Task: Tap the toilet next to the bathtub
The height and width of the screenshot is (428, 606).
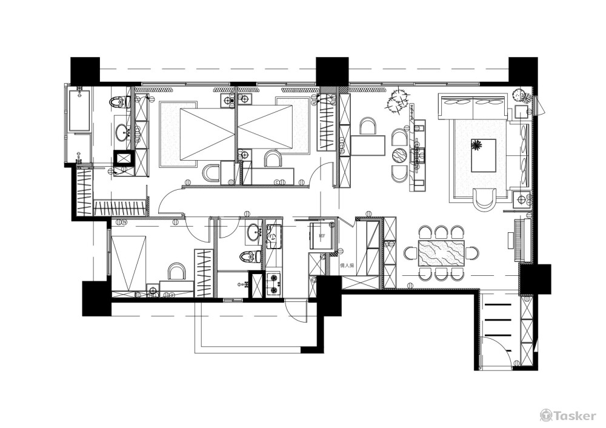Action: [117, 102]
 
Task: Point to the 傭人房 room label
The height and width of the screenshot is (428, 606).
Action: [347, 265]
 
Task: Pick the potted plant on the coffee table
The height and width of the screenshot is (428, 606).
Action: [477, 144]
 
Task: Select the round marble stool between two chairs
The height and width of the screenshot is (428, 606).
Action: [399, 156]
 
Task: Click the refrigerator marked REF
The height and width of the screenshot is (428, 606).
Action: [322, 235]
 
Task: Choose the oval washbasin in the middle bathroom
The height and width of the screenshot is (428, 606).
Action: [254, 232]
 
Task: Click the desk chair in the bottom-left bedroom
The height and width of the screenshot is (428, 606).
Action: [176, 271]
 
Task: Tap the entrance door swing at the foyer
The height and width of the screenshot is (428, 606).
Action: [492, 353]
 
